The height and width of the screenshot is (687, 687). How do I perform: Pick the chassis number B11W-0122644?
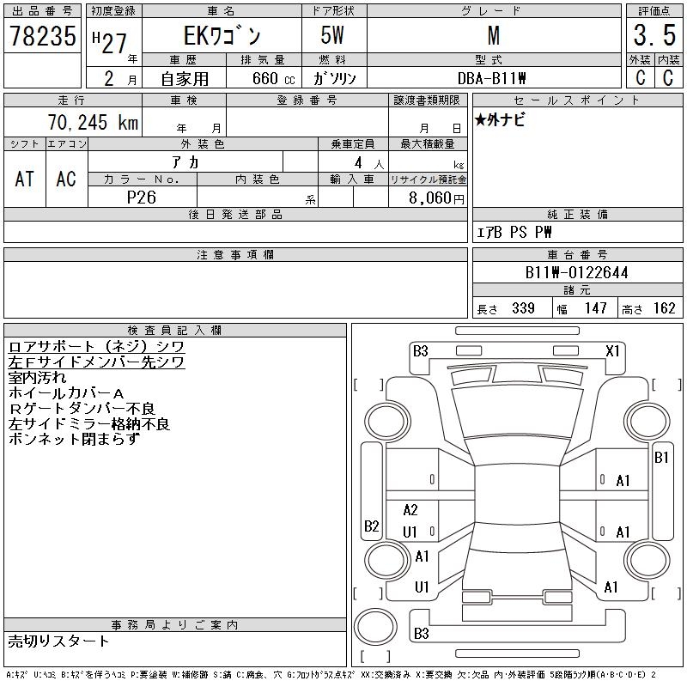point(576,273)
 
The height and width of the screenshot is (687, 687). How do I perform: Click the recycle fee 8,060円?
point(434,198)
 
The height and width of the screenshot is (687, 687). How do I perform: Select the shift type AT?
point(24,179)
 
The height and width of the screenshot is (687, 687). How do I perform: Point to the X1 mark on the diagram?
point(612,350)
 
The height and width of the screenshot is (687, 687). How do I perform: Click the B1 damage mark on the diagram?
point(661,458)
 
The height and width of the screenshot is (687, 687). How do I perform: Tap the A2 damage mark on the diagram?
point(410,510)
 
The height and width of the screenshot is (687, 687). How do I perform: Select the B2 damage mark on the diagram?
point(371,526)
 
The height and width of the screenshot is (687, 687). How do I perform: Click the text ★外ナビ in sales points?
point(500,121)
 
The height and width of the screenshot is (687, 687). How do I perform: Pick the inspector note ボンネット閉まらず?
point(73,439)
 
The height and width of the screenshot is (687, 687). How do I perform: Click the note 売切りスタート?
point(58,641)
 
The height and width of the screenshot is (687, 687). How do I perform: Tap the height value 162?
point(664,308)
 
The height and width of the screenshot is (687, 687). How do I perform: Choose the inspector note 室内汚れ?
point(37,377)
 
